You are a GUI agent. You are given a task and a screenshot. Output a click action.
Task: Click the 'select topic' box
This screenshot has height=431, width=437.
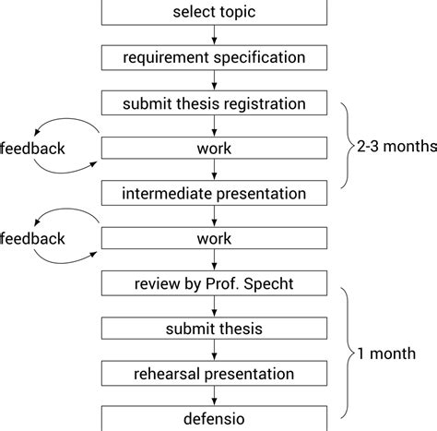point(214,12)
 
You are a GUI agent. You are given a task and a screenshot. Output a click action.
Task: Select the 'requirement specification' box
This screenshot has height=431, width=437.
point(214,57)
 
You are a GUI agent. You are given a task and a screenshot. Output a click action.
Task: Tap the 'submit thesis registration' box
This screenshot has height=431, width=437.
point(214,102)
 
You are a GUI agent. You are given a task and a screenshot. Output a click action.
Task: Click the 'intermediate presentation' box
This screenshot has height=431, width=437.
point(214,193)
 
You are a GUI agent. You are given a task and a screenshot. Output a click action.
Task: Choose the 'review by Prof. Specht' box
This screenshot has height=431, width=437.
point(214,283)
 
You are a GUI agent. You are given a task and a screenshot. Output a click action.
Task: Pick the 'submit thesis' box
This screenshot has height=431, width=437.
point(214,329)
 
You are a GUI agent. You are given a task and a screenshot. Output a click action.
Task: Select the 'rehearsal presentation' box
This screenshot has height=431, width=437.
point(214,374)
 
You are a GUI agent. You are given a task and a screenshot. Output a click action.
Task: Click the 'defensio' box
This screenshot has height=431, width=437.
point(214,418)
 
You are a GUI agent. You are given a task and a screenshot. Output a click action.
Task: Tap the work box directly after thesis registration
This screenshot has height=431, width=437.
point(214,148)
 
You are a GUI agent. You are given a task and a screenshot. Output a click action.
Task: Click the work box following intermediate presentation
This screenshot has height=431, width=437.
point(214,238)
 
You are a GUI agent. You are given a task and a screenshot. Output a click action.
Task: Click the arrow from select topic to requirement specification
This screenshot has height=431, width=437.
point(214,35)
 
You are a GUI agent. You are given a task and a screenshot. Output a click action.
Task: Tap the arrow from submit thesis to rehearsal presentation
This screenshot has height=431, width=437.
point(214,352)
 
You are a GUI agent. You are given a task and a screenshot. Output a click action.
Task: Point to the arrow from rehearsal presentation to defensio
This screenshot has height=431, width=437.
point(214,396)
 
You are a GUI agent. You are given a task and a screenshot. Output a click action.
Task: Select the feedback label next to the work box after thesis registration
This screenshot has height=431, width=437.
point(31,148)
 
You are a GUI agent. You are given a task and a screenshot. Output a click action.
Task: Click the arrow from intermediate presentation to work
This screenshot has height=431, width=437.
point(214,216)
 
